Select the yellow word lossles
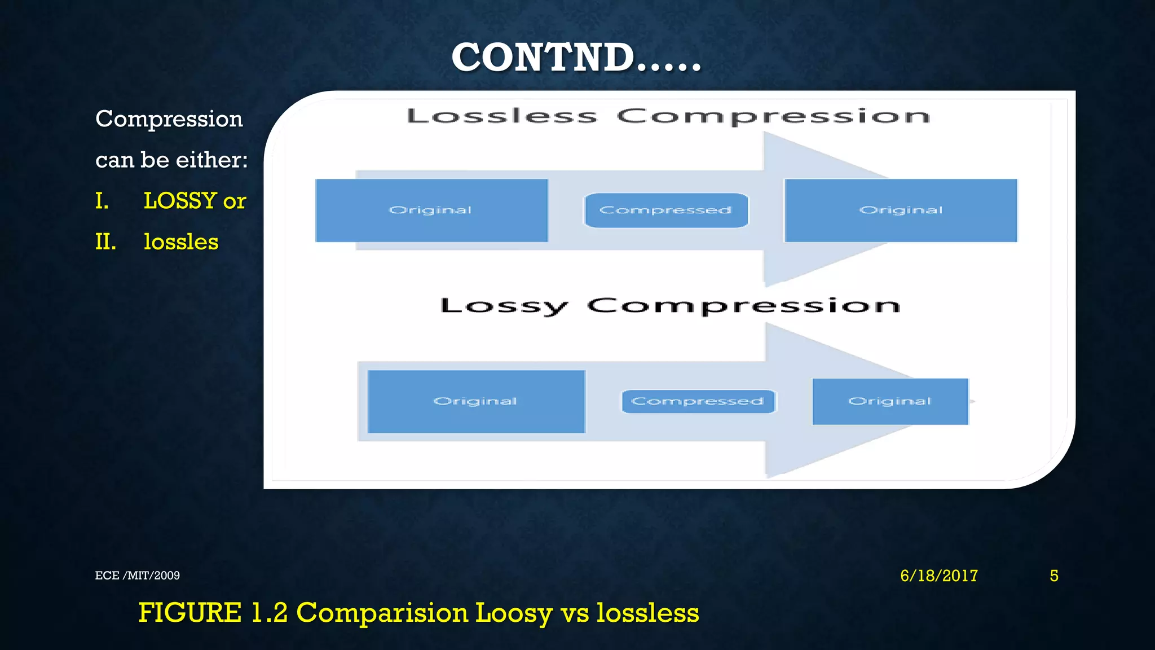point(181,242)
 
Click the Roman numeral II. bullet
point(105,242)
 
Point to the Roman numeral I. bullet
point(102,201)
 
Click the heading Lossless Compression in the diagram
point(668,116)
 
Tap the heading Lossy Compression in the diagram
point(670,306)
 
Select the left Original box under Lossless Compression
point(431,210)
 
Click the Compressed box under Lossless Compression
point(666,210)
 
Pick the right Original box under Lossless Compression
point(901,210)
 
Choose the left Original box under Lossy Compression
point(476,401)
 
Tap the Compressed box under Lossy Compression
point(698,401)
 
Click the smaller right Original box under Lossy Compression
point(890,401)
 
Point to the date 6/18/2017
point(939,576)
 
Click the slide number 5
point(1054,576)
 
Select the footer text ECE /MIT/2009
point(138,576)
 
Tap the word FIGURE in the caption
point(190,613)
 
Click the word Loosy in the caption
point(513,613)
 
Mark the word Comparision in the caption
point(382,613)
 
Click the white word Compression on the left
point(169,119)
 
